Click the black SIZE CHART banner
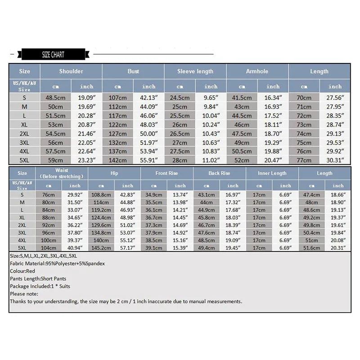[53, 55]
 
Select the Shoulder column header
[71, 71]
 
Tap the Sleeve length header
[195, 71]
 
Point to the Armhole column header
[257, 71]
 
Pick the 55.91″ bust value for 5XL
[149, 160]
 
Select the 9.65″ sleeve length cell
[211, 98]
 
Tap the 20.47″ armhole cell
[273, 160]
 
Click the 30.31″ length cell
[335, 160]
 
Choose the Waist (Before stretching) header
[62, 173]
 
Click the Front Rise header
[167, 173]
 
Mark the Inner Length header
[272, 173]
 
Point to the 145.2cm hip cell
[101, 248]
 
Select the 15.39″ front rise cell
[180, 248]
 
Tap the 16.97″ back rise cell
[233, 194]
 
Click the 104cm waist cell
[49, 248]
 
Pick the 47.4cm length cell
[311, 194]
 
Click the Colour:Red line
[23, 271]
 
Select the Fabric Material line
[57, 264]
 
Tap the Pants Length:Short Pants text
[38, 279]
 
